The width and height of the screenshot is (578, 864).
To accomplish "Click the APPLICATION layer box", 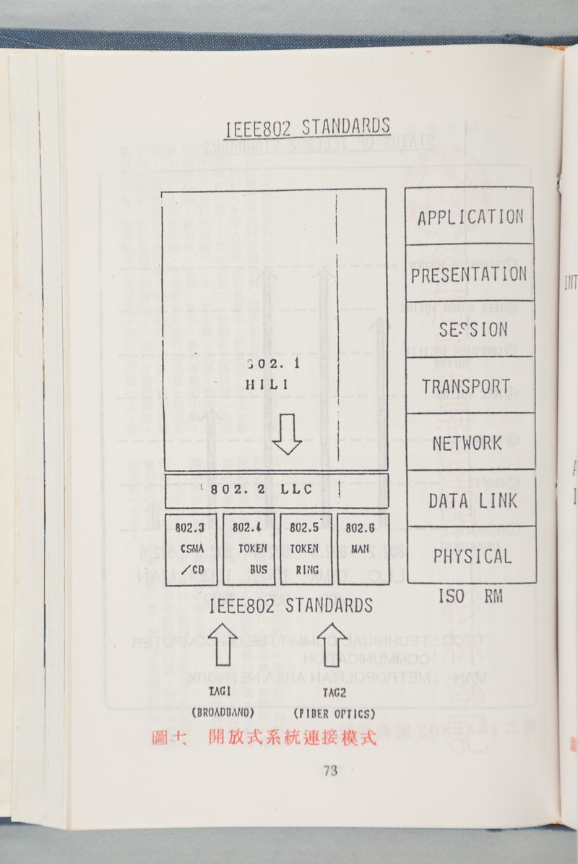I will point(470,216).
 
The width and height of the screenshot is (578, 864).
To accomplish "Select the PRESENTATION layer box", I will point(470,273).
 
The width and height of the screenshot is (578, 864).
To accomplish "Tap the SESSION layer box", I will point(470,330).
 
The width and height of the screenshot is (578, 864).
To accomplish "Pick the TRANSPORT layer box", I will point(470,386).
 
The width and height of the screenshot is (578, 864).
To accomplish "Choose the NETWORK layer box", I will point(470,442).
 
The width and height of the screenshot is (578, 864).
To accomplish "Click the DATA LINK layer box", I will point(470,500).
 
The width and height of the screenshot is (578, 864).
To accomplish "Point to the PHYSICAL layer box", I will point(471,555).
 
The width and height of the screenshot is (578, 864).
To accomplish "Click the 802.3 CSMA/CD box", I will point(191,549).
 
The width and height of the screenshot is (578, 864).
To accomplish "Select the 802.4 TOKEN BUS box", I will point(249,549).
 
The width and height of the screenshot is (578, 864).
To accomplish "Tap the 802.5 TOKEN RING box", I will point(306,549).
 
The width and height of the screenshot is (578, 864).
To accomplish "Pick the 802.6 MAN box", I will point(360,549).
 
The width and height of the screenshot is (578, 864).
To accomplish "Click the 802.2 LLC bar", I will point(276,490).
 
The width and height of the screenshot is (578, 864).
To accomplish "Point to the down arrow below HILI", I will point(287,435).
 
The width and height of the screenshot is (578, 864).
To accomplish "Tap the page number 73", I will point(330,771).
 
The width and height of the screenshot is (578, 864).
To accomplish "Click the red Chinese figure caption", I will point(264,738).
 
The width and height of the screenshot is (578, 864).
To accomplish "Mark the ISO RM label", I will point(470,597).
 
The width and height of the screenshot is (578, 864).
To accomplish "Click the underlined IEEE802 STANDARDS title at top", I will point(308,127).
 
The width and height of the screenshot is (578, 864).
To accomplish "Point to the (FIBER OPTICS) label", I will point(334,714).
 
